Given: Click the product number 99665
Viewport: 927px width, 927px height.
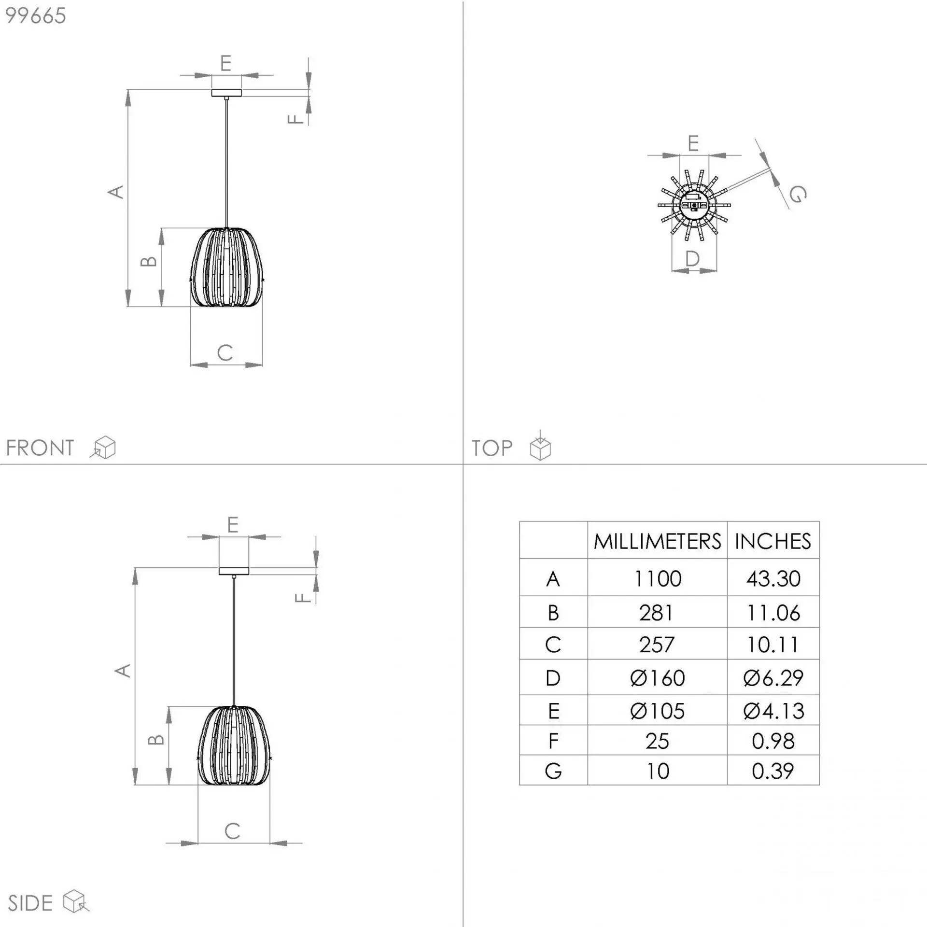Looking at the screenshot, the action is click(35, 16).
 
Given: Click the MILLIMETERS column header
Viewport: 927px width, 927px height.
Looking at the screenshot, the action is click(657, 541).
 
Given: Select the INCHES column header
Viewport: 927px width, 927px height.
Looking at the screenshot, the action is click(773, 541).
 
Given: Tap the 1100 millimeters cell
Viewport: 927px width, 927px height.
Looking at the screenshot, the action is click(657, 578).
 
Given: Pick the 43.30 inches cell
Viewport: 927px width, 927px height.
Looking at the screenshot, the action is click(773, 578).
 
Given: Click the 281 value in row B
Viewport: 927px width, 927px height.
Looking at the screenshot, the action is click(656, 613).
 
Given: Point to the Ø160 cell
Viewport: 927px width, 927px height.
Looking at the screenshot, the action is click(657, 678).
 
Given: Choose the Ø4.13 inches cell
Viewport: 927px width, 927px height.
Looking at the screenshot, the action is click(773, 711).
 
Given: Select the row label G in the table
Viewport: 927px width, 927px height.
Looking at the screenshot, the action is click(553, 771).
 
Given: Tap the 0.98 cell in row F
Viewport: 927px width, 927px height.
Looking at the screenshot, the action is click(773, 741).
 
